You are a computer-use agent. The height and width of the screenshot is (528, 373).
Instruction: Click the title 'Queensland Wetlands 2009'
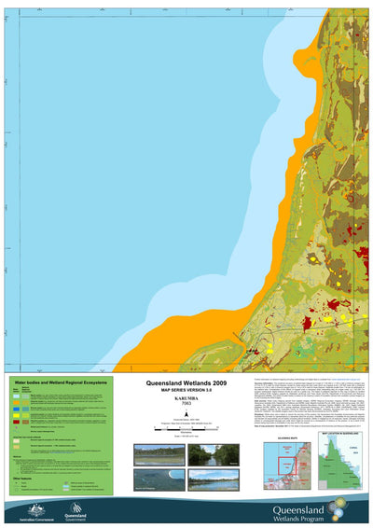click(x=186, y=383)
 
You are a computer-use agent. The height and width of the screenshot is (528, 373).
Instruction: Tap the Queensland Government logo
click(x=76, y=509)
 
